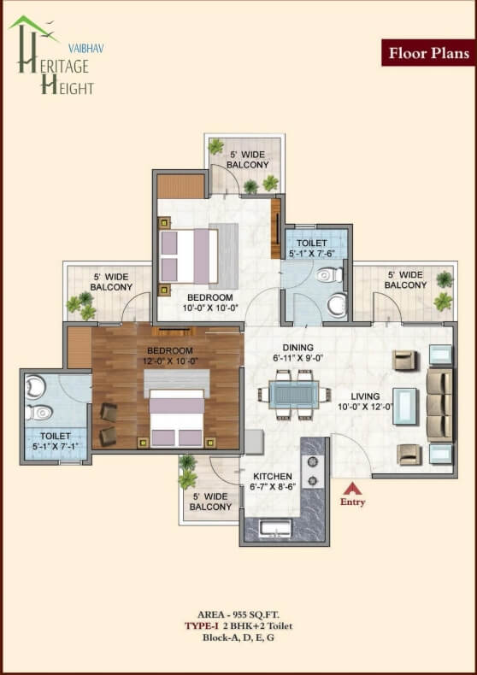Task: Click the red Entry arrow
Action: (x=352, y=489)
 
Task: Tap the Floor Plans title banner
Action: (x=429, y=52)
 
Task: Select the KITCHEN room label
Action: (x=273, y=477)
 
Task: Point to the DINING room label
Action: (x=297, y=348)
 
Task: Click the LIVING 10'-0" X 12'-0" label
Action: (x=365, y=402)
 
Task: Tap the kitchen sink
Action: (x=276, y=529)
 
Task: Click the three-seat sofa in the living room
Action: (x=439, y=404)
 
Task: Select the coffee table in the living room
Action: (x=405, y=407)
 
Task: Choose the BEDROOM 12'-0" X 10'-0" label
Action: (x=170, y=356)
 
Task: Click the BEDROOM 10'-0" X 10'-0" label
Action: (x=210, y=302)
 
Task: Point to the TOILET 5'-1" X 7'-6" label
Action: (x=312, y=248)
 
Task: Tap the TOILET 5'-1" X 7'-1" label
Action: (x=55, y=441)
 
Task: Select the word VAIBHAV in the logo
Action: (x=86, y=49)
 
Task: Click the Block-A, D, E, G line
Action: (x=238, y=637)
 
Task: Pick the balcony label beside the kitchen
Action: (x=210, y=502)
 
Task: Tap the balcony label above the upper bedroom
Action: (x=248, y=160)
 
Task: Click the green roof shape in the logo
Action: (x=33, y=26)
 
